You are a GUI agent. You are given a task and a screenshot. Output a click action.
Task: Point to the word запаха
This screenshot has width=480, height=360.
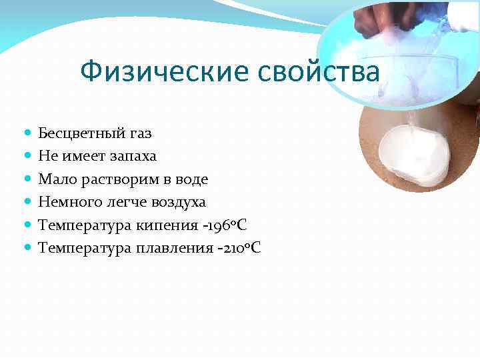click(134, 157)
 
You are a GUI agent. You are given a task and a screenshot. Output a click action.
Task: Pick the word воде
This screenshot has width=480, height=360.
click(191, 179)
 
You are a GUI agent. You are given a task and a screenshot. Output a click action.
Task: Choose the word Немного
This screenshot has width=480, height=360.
click(67, 202)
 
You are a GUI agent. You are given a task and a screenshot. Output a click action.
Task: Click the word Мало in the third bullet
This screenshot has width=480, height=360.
click(53, 179)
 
